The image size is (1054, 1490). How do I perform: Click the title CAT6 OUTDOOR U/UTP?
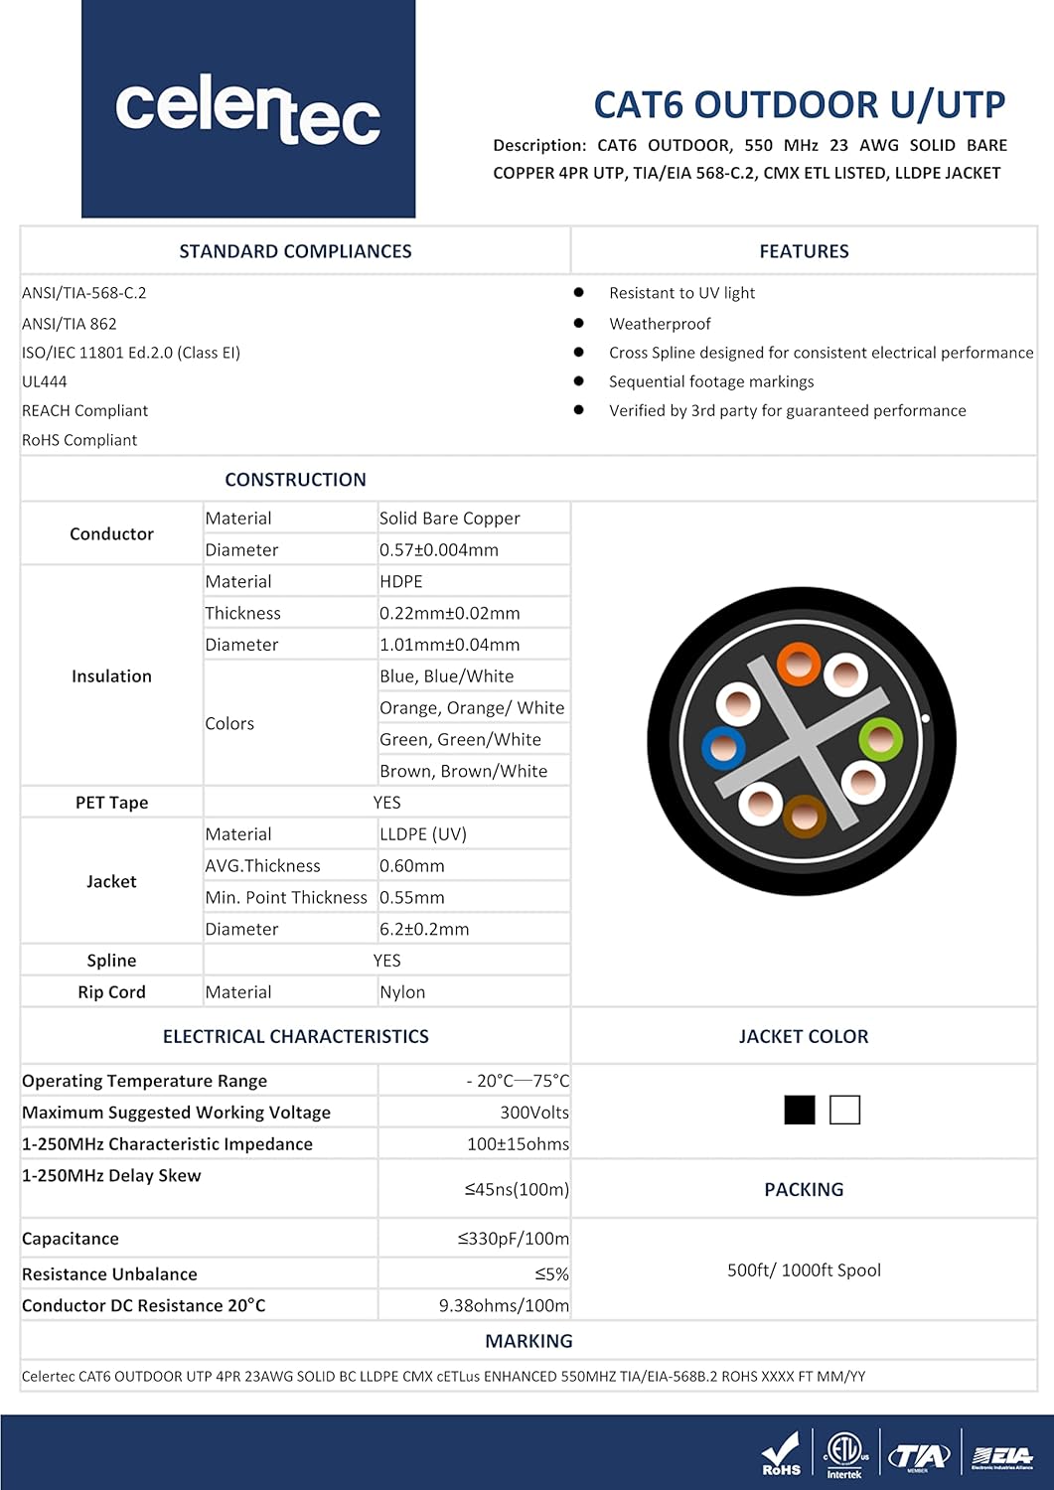pyautogui.click(x=799, y=104)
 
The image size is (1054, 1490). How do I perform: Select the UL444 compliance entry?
pyautogui.click(x=45, y=381)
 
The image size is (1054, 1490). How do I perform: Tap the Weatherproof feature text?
pyautogui.click(x=660, y=324)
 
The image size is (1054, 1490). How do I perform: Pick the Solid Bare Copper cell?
pyautogui.click(x=449, y=519)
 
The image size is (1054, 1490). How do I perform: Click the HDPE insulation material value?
pyautogui.click(x=401, y=582)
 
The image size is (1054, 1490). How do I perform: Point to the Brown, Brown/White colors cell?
pyautogui.click(x=463, y=771)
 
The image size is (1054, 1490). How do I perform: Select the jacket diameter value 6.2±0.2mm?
pyautogui.click(x=424, y=929)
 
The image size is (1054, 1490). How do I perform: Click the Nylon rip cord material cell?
pyautogui.click(x=402, y=992)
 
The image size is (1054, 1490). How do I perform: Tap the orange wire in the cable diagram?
pyautogui.click(x=798, y=664)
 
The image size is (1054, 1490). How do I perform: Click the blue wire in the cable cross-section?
pyautogui.click(x=723, y=748)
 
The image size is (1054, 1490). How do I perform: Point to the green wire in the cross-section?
pyautogui.click(x=880, y=739)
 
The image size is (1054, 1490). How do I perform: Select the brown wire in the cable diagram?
pyautogui.click(x=804, y=818)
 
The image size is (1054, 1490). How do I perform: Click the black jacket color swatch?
pyautogui.click(x=800, y=1110)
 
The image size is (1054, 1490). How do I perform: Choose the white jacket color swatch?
pyautogui.click(x=844, y=1110)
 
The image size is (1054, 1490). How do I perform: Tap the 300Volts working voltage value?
pyautogui.click(x=534, y=1113)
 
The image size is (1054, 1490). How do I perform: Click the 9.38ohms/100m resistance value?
pyautogui.click(x=504, y=1305)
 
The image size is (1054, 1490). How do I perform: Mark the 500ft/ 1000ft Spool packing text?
pyautogui.click(x=804, y=1270)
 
